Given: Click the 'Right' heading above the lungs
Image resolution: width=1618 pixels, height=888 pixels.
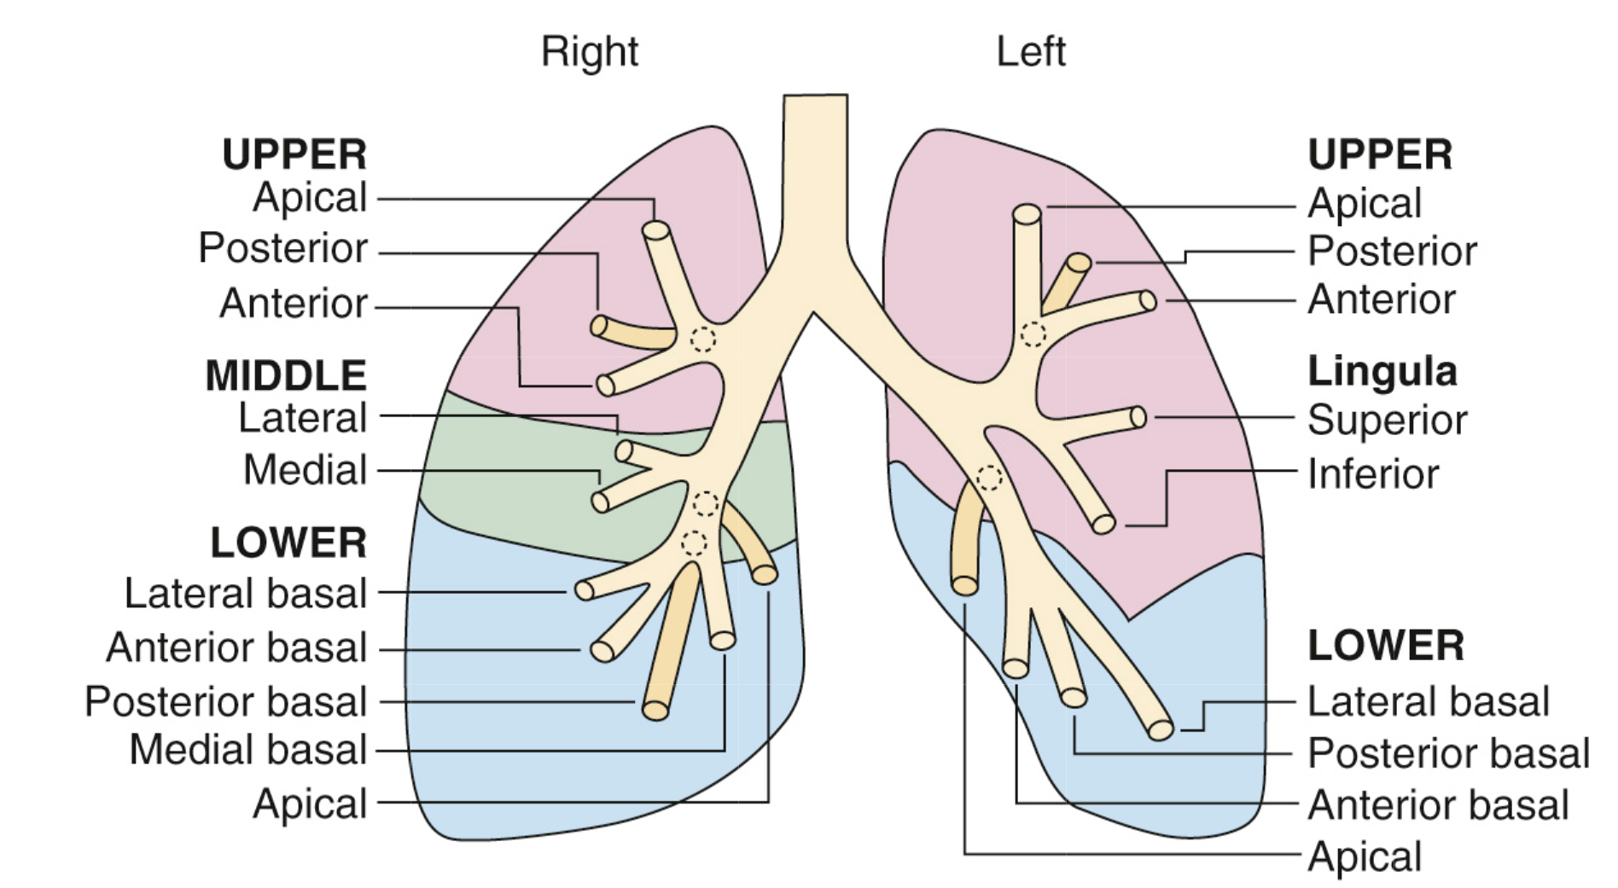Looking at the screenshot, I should [x=589, y=51].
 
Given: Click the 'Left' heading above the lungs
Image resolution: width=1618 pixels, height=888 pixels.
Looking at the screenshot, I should [x=1030, y=51].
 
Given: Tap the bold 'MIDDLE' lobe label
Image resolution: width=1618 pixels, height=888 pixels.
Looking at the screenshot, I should [x=286, y=375].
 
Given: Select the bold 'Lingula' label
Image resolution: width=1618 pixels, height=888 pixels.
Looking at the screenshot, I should [x=1382, y=372].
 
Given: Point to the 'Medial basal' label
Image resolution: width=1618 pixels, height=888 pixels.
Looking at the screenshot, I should [x=247, y=751].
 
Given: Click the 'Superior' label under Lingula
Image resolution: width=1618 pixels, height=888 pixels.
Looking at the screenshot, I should [x=1387, y=420].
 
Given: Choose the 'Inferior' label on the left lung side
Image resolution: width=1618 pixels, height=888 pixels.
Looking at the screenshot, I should [x=1372, y=474].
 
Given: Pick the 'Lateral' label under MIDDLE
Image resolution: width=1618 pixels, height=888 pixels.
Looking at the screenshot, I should [x=302, y=418].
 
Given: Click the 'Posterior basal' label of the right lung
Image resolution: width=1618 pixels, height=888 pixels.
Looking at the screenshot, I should [x=225, y=702].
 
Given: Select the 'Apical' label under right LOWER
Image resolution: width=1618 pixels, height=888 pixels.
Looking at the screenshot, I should [x=310, y=804].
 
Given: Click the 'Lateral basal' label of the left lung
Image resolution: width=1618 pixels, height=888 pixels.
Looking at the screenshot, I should [x=1428, y=702].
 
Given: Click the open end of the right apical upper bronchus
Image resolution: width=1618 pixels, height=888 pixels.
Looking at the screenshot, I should [x=655, y=230].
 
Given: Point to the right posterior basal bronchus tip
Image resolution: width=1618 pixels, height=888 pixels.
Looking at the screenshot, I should [x=655, y=710].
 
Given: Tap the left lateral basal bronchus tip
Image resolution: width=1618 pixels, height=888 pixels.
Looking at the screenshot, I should [x=1161, y=730].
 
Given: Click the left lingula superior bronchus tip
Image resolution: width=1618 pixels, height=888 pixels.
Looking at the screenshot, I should [x=1138, y=417].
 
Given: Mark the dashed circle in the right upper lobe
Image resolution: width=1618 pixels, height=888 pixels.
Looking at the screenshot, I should [x=702, y=339].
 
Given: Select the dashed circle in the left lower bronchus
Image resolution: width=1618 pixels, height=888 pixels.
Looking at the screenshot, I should [x=989, y=478].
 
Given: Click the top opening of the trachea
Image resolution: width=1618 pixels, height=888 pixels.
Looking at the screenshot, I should [x=815, y=96].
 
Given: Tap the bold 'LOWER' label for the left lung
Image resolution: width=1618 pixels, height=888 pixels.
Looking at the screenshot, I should [x=1385, y=646].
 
